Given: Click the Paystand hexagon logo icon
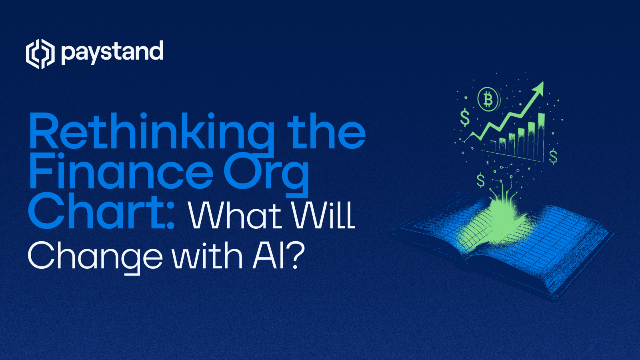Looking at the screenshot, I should [40, 54].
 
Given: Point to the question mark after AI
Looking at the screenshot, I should [296, 256].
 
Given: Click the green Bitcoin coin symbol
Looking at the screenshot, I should [488, 99].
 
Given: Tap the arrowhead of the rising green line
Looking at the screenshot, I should [540, 87].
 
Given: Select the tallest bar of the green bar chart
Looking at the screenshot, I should [541, 136].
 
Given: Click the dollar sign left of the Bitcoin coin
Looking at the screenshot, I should [465, 118].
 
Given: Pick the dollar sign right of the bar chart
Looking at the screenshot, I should [553, 156].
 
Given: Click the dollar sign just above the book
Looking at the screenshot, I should [480, 180].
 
